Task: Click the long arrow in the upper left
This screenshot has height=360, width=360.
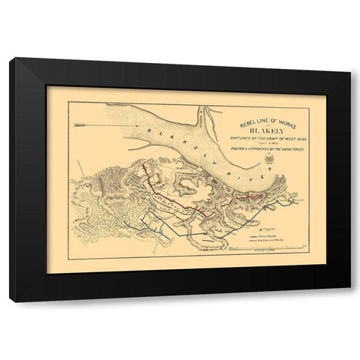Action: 79,116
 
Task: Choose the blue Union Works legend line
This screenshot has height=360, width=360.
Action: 264,235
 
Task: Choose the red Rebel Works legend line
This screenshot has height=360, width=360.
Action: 264,241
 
